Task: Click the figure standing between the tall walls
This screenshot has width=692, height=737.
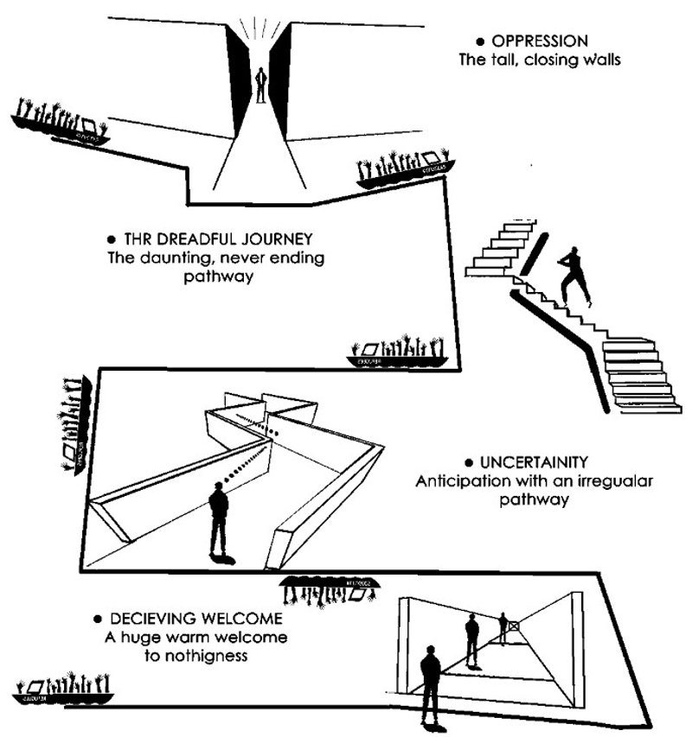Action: point(261,84)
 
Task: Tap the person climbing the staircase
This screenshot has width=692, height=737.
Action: point(574,275)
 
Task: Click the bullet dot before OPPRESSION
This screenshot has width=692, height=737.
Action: point(479,41)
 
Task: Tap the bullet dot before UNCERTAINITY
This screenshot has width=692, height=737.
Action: point(469,462)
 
